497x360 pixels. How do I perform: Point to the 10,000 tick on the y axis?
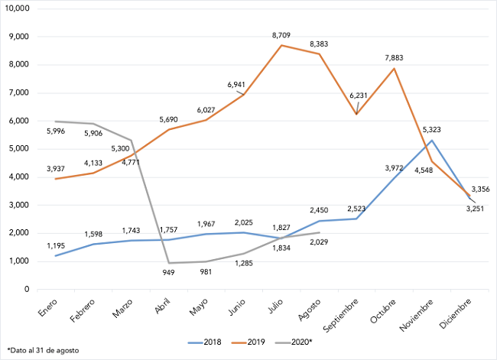(15, 8)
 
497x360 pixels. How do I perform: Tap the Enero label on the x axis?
(49, 307)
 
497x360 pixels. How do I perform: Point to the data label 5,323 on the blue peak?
(430, 131)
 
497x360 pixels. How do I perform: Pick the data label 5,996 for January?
(56, 131)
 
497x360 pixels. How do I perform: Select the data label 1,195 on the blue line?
(55, 245)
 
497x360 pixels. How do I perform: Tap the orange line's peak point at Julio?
(281, 45)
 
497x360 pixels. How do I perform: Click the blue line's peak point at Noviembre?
(431, 140)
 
